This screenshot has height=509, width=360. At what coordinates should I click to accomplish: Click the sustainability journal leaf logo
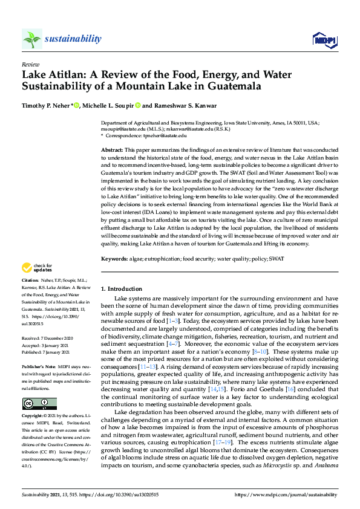(x=32, y=39)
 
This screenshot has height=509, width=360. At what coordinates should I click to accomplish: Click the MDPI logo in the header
(x=324, y=40)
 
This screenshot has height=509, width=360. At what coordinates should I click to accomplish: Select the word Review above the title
(x=30, y=63)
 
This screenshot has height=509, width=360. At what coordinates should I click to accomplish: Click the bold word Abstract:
(x=113, y=149)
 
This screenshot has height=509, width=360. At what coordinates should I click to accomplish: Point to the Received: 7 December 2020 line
(x=48, y=339)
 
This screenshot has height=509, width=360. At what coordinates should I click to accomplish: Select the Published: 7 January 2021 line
(x=47, y=352)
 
